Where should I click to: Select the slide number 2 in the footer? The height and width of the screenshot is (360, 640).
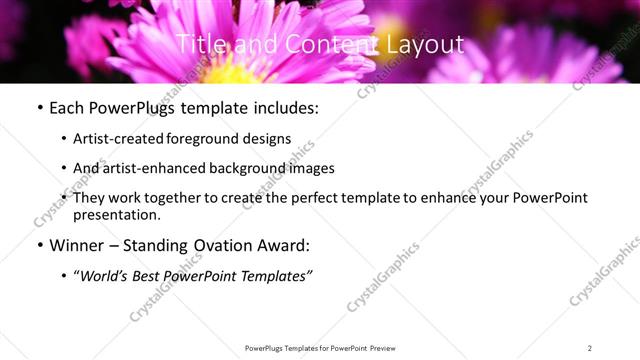pyautogui.click(x=590, y=348)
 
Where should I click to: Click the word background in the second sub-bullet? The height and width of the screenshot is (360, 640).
pyautogui.click(x=246, y=168)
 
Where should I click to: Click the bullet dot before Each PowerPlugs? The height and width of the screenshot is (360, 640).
pyautogui.click(x=39, y=107)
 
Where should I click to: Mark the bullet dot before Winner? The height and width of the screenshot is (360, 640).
pyautogui.click(x=39, y=245)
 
